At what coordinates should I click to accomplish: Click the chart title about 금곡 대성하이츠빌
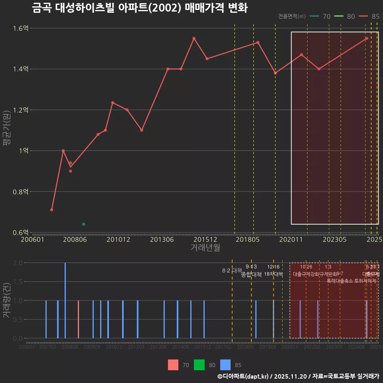tap(140, 8)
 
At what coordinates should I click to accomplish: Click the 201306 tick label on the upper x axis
tap(162, 240)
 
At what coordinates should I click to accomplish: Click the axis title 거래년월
tap(205, 248)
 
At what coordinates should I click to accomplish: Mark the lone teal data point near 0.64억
tap(83, 224)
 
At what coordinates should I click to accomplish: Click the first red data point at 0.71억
tap(52, 210)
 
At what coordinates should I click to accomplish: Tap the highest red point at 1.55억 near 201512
tap(194, 38)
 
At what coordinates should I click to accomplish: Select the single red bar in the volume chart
tap(78, 319)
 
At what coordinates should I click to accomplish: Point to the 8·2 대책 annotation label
tap(232, 270)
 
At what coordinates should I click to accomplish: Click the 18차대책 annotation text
tap(273, 274)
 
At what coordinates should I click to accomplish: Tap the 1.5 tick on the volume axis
tap(17, 282)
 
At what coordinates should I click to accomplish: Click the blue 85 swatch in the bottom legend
tap(225, 365)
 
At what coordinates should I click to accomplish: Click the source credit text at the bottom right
tap(298, 376)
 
